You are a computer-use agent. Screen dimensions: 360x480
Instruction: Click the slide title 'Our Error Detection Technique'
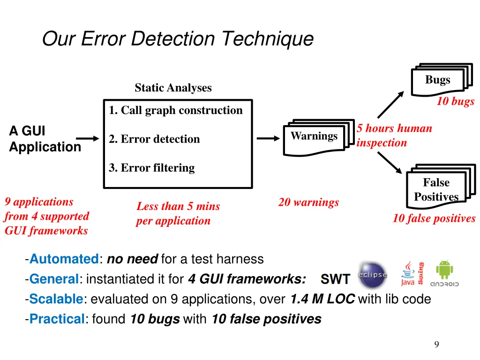[x=178, y=38]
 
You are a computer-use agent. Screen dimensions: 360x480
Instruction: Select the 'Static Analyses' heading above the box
[x=173, y=88]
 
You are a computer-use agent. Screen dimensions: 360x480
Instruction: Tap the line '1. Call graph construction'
[x=176, y=111]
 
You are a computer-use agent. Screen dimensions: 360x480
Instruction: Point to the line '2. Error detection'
[x=154, y=139]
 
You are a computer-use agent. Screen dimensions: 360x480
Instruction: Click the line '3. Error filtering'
[x=151, y=168]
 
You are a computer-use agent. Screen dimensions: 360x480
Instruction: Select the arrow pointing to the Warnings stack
[x=268, y=139]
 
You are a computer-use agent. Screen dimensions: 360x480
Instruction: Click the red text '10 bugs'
[x=455, y=102]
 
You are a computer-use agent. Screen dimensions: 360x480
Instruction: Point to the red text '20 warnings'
[x=308, y=202]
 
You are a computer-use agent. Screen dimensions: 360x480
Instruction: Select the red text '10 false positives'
[x=434, y=218]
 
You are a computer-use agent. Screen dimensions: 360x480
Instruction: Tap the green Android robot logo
[x=444, y=270]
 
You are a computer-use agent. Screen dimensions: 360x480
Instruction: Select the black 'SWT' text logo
[x=335, y=280]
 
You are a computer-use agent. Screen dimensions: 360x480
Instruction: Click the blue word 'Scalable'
[x=56, y=299]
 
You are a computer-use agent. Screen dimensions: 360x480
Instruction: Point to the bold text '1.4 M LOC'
[x=322, y=299]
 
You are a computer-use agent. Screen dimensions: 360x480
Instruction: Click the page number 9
[x=436, y=345]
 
